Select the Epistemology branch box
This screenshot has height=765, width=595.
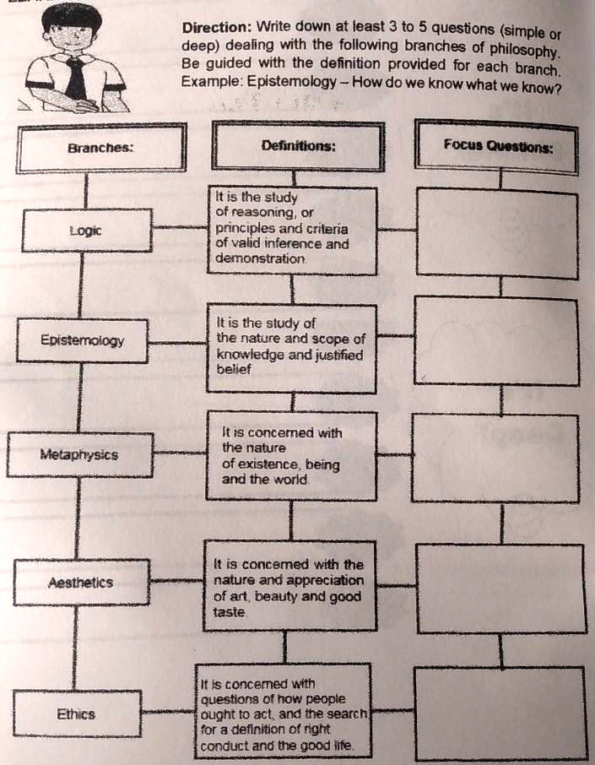tap(82, 340)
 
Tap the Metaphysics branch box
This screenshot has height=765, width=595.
tap(79, 455)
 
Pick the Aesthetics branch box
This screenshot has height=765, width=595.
tap(81, 582)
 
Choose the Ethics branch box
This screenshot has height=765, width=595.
tap(77, 713)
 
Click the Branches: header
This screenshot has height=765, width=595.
tap(101, 148)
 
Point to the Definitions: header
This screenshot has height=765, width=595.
tap(298, 146)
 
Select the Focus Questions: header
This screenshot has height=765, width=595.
tap(497, 146)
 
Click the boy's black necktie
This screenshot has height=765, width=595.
tap(77, 77)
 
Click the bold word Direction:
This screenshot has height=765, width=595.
tap(217, 27)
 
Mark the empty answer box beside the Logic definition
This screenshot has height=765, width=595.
tap(497, 234)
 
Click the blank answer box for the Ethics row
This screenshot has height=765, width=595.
tap(500, 714)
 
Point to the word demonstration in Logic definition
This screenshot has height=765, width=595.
tap(261, 258)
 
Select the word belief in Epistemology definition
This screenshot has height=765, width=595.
tap(234, 369)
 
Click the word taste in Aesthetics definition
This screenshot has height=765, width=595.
tap(229, 612)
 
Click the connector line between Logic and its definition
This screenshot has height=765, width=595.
tap(181, 227)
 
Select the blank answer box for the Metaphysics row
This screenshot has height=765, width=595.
tap(495, 458)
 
